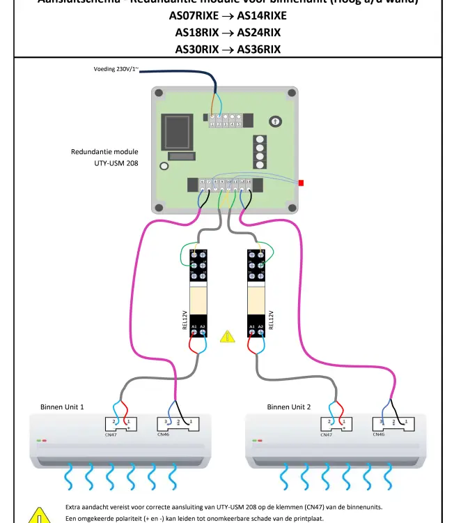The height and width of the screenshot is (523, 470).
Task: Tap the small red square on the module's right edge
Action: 301,183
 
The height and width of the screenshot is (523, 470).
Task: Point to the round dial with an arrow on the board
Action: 276,121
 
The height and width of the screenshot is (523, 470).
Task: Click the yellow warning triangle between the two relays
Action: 228,337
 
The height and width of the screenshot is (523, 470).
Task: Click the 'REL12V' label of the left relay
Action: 185,320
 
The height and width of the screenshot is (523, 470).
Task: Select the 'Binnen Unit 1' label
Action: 62,407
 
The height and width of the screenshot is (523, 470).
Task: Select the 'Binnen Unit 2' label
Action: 289,407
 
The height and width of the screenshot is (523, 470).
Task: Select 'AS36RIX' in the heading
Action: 258,49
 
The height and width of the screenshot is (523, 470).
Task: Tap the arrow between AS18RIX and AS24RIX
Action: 228,32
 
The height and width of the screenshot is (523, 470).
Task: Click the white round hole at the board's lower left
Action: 164,167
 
